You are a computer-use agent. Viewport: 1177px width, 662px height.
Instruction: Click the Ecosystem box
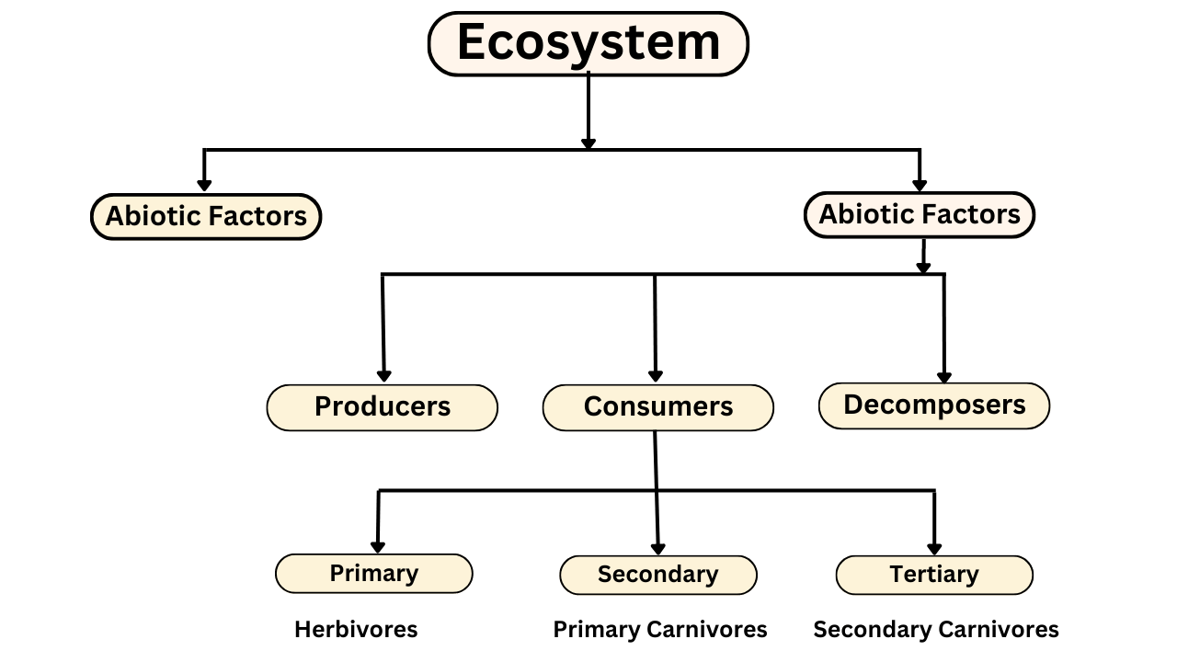(x=588, y=43)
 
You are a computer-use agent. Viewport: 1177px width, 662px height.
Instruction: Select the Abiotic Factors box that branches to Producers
(x=920, y=215)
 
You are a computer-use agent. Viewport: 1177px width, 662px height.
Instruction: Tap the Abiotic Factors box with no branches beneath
(x=206, y=216)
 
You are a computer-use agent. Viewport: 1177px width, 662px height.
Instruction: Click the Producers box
(x=382, y=407)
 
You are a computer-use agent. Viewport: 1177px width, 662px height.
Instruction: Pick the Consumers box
(x=657, y=407)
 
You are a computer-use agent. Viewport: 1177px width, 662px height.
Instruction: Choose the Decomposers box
(x=934, y=405)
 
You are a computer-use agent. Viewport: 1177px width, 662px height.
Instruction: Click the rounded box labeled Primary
(x=374, y=574)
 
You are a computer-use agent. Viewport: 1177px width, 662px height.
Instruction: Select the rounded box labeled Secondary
(x=657, y=576)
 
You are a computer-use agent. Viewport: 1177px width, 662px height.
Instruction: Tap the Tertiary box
(x=934, y=576)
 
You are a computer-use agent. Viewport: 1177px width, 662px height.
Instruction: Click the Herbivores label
(x=356, y=630)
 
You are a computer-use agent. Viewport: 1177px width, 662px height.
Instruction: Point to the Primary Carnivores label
(x=660, y=630)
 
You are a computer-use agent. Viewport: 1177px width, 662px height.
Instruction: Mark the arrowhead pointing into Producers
(x=384, y=376)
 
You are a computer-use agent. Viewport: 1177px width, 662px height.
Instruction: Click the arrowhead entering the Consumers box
(x=656, y=376)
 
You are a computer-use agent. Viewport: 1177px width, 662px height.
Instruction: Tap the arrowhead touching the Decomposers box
(x=944, y=378)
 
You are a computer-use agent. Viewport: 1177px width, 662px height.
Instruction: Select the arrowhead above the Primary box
(x=378, y=547)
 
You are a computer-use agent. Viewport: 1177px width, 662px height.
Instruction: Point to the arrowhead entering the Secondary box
(x=657, y=549)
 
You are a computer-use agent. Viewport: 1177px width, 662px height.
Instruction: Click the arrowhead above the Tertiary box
(x=934, y=549)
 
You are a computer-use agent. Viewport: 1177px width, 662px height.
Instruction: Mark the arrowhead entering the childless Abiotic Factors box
(x=204, y=186)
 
